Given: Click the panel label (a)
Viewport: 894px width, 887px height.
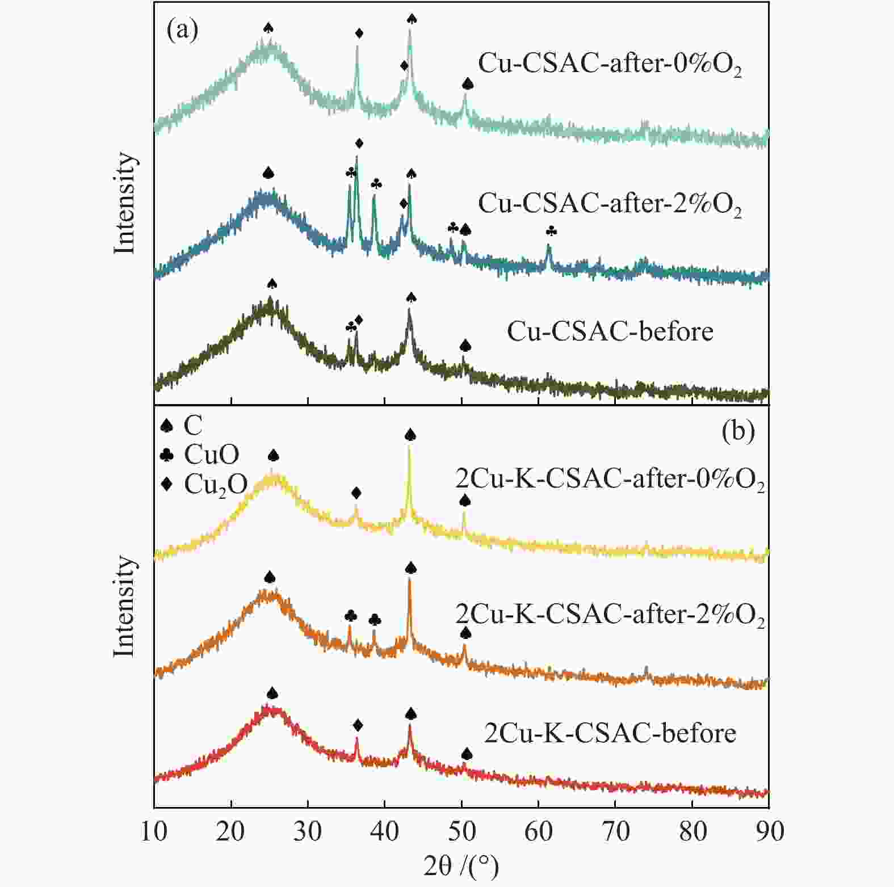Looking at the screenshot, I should (182, 30).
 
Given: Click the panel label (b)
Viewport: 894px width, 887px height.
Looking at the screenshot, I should (738, 431).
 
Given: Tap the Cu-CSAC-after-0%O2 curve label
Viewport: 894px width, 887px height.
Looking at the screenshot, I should (609, 64).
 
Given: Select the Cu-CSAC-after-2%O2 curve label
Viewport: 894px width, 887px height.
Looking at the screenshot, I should (609, 203).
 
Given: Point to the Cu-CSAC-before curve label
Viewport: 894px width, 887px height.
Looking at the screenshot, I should (610, 331).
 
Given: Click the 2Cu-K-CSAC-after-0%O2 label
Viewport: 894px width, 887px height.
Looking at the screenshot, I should (610, 480).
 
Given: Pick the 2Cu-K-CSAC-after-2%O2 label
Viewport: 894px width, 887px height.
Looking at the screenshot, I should (610, 614).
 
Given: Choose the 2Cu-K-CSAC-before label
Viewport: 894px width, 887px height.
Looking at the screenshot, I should (610, 733).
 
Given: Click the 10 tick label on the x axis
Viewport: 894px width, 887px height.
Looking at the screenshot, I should (154, 831).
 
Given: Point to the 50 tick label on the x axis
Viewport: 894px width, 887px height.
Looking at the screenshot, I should (461, 831).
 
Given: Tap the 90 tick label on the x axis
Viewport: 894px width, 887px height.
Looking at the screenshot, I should (769, 831).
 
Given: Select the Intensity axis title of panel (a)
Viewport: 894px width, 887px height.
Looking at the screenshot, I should (125, 203).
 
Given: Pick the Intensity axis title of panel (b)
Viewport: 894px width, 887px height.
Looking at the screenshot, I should (125, 606).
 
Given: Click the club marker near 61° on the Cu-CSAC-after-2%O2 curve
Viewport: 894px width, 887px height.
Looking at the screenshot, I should (551, 231).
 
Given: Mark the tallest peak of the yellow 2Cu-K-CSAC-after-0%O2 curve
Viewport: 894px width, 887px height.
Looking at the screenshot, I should (409, 448).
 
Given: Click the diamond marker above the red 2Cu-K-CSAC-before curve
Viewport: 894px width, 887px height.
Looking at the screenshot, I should (357, 725).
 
